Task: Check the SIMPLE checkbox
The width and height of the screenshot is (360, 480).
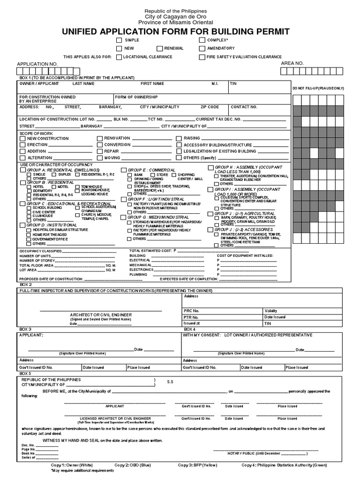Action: point(120,41)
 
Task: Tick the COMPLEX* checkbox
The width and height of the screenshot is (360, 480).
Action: point(202,41)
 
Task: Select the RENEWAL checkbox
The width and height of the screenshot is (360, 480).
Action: point(160,48)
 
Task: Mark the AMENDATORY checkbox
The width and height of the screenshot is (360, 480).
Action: point(202,48)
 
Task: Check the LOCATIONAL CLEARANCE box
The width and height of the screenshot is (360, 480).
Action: point(120,57)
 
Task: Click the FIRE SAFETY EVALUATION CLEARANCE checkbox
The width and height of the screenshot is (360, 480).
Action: point(202,57)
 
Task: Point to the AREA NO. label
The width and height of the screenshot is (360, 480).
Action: point(292,63)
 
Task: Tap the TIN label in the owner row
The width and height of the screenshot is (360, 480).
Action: point(233,83)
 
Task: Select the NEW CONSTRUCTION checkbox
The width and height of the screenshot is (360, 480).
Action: point(23,139)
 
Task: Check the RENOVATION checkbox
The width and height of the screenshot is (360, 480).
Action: point(100,139)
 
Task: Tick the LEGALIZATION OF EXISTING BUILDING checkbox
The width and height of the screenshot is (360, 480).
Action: point(179,151)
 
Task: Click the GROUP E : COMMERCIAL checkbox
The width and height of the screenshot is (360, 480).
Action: point(124,170)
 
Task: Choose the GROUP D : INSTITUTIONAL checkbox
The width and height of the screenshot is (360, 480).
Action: point(22,225)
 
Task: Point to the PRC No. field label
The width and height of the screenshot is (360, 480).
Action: point(192,310)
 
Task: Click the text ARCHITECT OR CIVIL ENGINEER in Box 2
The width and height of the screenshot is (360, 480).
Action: point(101,315)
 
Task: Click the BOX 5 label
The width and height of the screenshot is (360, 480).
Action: point(25,373)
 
